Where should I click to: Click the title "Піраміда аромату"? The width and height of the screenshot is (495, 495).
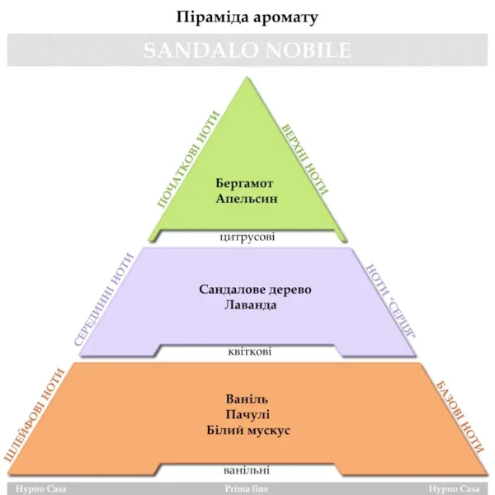coord(247,16)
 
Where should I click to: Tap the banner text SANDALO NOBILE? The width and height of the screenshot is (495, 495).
coord(247,50)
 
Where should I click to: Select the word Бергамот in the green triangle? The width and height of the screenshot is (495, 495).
coord(247,183)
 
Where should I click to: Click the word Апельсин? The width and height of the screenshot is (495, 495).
coord(247,199)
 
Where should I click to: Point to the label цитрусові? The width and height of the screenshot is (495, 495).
coord(247,237)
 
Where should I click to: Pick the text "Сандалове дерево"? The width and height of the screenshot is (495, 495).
coord(247,290)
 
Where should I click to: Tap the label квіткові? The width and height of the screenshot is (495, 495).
coord(247,352)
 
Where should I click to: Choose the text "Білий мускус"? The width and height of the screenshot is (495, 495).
coord(247,430)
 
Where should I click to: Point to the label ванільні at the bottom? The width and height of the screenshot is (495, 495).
coord(247,471)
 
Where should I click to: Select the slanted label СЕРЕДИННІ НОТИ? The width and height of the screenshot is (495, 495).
coord(105,299)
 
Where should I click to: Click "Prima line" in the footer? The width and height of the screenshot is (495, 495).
coord(247,488)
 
